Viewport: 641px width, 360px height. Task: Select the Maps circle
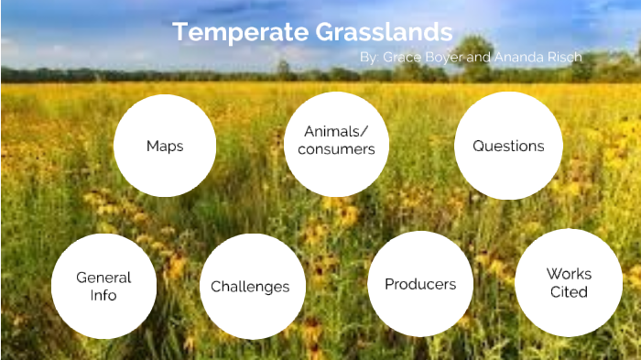[165, 146]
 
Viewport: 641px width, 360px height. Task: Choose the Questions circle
[508, 146]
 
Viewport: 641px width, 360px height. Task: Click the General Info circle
[103, 286]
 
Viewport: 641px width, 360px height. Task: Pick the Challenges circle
[250, 287]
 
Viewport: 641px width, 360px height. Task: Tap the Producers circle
[420, 284]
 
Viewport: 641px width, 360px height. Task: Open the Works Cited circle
[569, 282]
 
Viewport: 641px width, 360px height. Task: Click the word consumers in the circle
[336, 149]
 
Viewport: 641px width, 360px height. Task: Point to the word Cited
[569, 292]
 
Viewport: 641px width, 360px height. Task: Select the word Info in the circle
[103, 296]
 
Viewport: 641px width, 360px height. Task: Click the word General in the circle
[103, 277]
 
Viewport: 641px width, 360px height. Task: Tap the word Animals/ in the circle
[336, 131]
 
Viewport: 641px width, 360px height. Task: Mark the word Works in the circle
[569, 273]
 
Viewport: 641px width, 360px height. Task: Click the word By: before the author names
[370, 57]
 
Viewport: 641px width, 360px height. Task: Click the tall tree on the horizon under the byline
[473, 55]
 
